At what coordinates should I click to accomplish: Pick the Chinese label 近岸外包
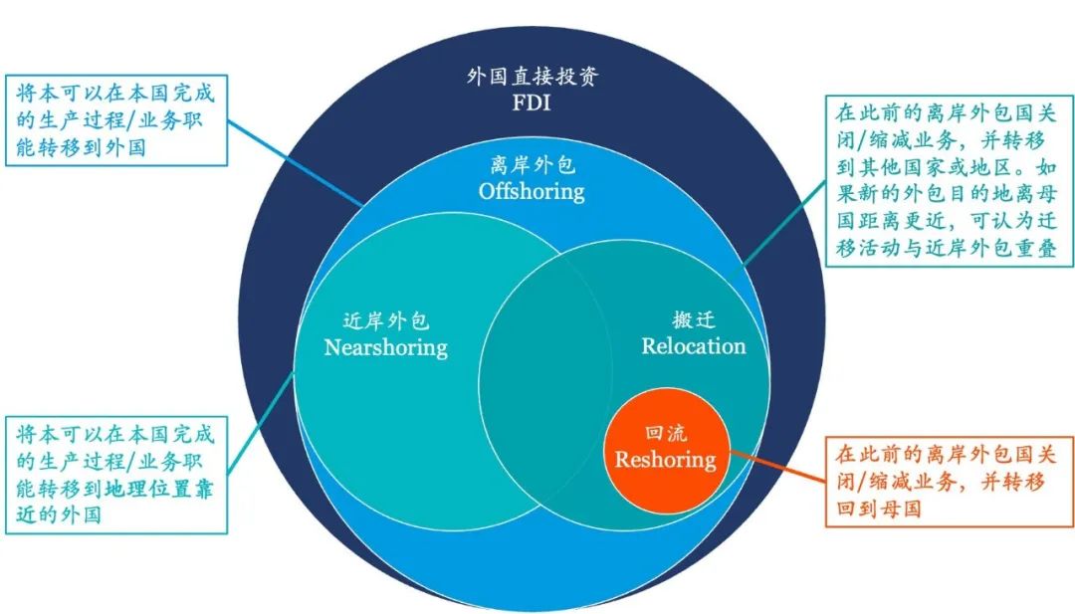tap(386, 321)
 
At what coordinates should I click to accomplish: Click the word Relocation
tap(693, 346)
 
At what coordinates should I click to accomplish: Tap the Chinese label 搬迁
tap(694, 321)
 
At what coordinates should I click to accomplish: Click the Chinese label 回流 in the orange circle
tap(665, 436)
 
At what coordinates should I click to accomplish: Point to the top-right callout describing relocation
tap(946, 179)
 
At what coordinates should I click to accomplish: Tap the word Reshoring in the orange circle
tap(665, 460)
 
